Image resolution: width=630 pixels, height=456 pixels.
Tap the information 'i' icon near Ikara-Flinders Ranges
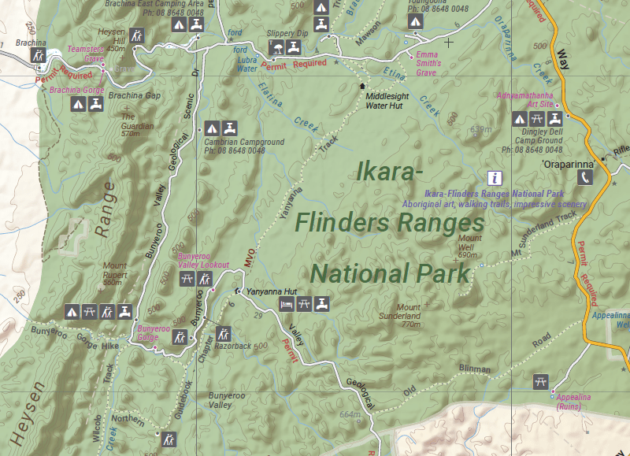(495, 177)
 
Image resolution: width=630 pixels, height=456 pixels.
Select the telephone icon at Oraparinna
(584, 178)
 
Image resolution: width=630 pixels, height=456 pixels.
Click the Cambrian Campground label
(234, 146)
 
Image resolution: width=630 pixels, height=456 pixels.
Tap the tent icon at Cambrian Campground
(211, 128)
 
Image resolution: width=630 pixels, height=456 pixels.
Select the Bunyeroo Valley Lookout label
(203, 261)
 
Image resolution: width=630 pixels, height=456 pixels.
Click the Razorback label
(232, 346)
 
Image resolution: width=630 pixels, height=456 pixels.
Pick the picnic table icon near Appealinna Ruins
(540, 380)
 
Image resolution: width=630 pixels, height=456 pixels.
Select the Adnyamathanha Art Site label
(524, 100)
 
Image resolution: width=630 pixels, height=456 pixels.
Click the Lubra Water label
(248, 64)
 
